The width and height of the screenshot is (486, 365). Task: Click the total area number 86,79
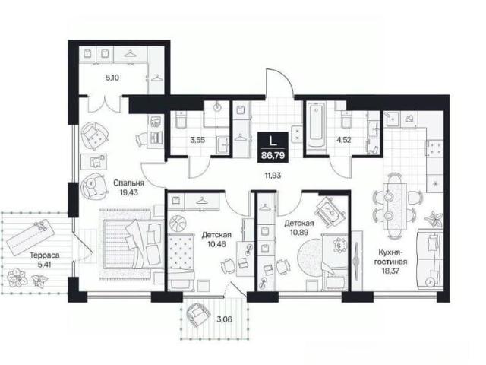point(273,155)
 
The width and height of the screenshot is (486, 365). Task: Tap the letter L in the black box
point(273,141)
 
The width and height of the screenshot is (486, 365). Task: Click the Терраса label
point(45,255)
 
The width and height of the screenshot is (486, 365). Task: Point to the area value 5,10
point(112,78)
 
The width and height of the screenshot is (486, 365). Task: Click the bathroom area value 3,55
point(197,140)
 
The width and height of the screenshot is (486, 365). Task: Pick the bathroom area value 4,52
point(344,140)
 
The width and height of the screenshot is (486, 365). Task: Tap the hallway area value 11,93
point(273,176)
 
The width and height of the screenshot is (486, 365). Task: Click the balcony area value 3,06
point(225,319)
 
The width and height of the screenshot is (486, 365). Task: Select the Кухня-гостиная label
point(390,257)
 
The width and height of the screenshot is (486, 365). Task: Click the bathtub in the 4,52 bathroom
point(317,128)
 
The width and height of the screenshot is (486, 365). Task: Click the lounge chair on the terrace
point(29,236)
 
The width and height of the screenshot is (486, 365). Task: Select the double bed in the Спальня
point(134,244)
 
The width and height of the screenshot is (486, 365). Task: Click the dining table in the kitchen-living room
point(395,206)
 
